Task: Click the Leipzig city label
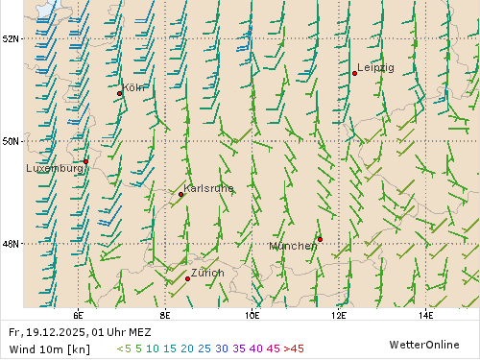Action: tap(375, 68)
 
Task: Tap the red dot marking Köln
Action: tap(120, 93)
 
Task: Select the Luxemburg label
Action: tap(55, 168)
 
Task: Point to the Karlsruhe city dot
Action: tap(181, 194)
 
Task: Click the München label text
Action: tap(293, 246)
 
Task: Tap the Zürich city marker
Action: tap(188, 278)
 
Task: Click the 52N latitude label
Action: tap(12, 38)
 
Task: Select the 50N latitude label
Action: tap(12, 141)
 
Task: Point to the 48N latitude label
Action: tap(12, 244)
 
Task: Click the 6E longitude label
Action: tap(78, 314)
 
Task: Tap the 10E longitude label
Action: tap(252, 314)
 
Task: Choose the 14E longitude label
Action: tap(425, 314)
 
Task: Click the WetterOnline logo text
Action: tap(423, 344)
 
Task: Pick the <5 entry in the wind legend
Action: tap(124, 348)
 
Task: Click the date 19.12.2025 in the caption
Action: tap(57, 332)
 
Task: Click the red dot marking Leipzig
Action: tap(354, 73)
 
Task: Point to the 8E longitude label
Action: tap(165, 314)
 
